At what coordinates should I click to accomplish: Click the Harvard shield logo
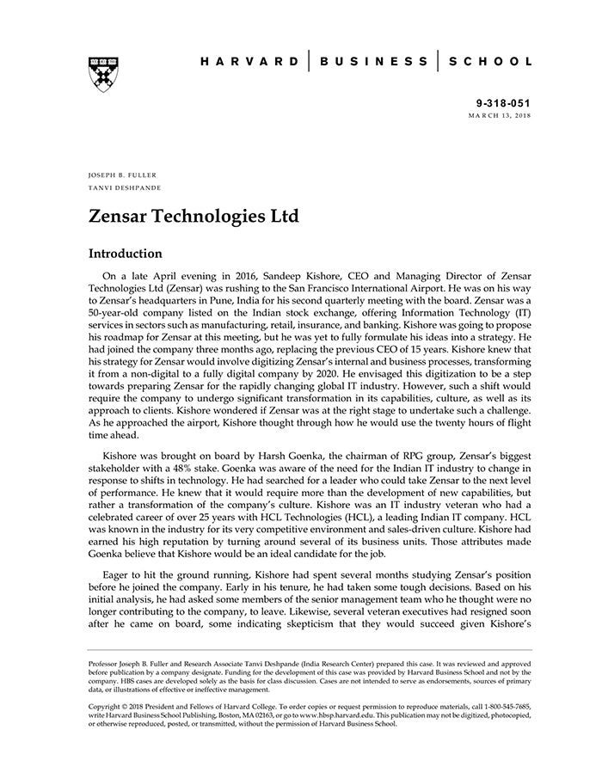[x=103, y=75]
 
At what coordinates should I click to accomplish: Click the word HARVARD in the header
[x=250, y=62]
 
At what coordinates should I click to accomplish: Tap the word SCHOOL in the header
[x=491, y=62]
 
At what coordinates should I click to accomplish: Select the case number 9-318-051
[x=505, y=101]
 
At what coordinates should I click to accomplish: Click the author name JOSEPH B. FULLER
[x=123, y=175]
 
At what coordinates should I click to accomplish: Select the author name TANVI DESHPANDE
[x=125, y=187]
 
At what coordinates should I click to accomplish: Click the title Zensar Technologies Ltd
[x=193, y=216]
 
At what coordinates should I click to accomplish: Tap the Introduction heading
[x=126, y=255]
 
